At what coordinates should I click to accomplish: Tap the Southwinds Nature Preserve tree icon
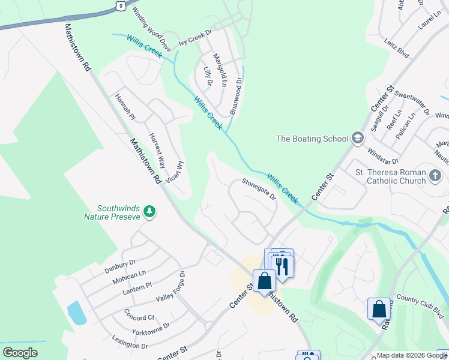tap(149, 211)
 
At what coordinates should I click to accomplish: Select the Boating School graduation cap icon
tap(357, 139)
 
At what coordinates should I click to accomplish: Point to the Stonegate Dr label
tap(259, 188)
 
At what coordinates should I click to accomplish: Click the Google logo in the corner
tap(20, 353)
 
